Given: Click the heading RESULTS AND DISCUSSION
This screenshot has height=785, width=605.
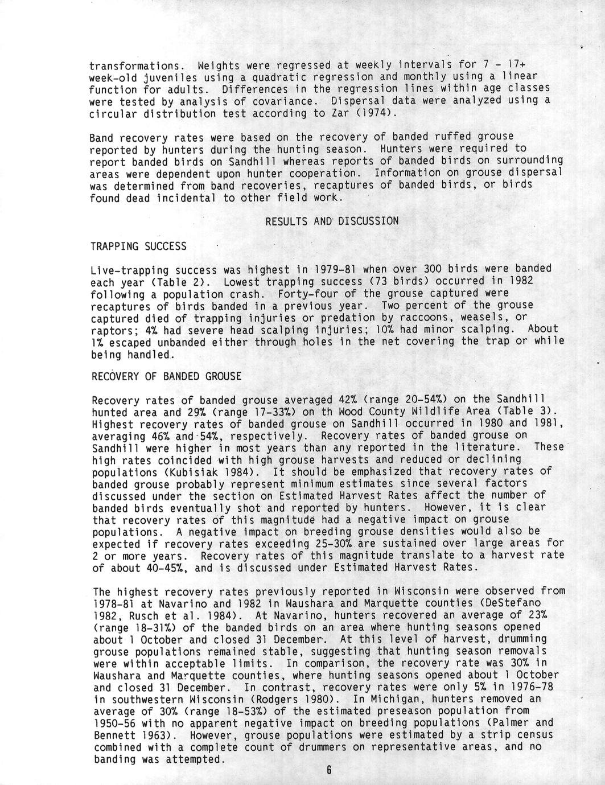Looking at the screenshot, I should pyautogui.click(x=332, y=221).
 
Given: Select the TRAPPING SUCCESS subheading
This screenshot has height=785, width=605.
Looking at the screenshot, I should pyautogui.click(x=138, y=246).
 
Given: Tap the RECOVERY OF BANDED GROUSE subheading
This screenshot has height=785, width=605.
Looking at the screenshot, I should pyautogui.click(x=166, y=376).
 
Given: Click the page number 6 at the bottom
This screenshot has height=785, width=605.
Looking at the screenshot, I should pyautogui.click(x=329, y=771).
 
